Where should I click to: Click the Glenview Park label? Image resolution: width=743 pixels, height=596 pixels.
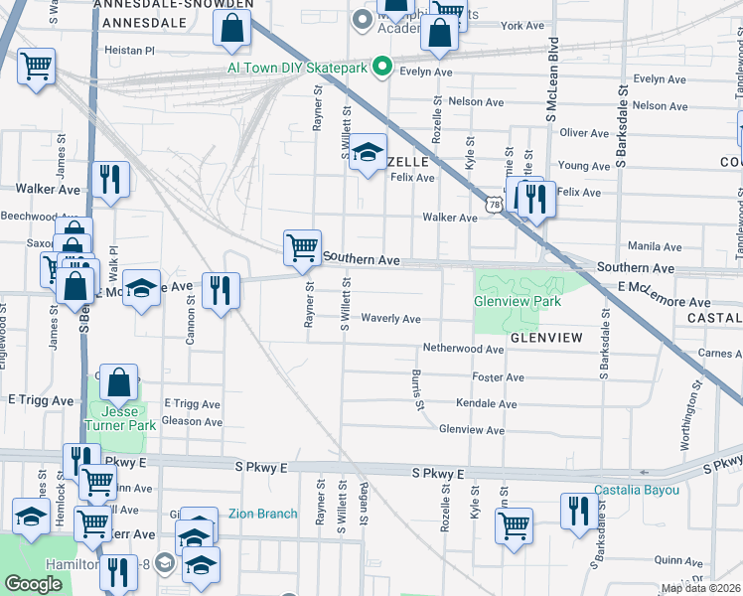518,301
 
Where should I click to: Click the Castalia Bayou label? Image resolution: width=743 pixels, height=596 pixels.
637,490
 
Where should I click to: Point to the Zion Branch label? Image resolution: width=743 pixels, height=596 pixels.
263,514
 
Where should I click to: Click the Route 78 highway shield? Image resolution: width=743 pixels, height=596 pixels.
494,203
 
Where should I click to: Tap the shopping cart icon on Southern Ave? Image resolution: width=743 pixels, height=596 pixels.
302,247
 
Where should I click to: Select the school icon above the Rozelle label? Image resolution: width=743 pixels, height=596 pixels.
368,153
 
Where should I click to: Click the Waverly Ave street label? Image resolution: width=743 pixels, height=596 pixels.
391,319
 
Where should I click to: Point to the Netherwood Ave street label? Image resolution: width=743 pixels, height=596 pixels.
463,349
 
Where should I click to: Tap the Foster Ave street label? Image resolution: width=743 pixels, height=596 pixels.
498,377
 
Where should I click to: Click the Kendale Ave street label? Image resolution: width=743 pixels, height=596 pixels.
487,404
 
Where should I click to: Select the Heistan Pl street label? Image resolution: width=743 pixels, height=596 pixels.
130,49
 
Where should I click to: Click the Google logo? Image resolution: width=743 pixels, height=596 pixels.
33,584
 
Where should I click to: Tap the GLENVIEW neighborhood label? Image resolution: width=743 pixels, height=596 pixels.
545,338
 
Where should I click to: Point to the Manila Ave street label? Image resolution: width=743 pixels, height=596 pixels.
654,246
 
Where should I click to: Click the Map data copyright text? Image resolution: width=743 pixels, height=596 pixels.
701,588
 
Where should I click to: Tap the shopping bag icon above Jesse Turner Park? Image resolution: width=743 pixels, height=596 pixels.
118,382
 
